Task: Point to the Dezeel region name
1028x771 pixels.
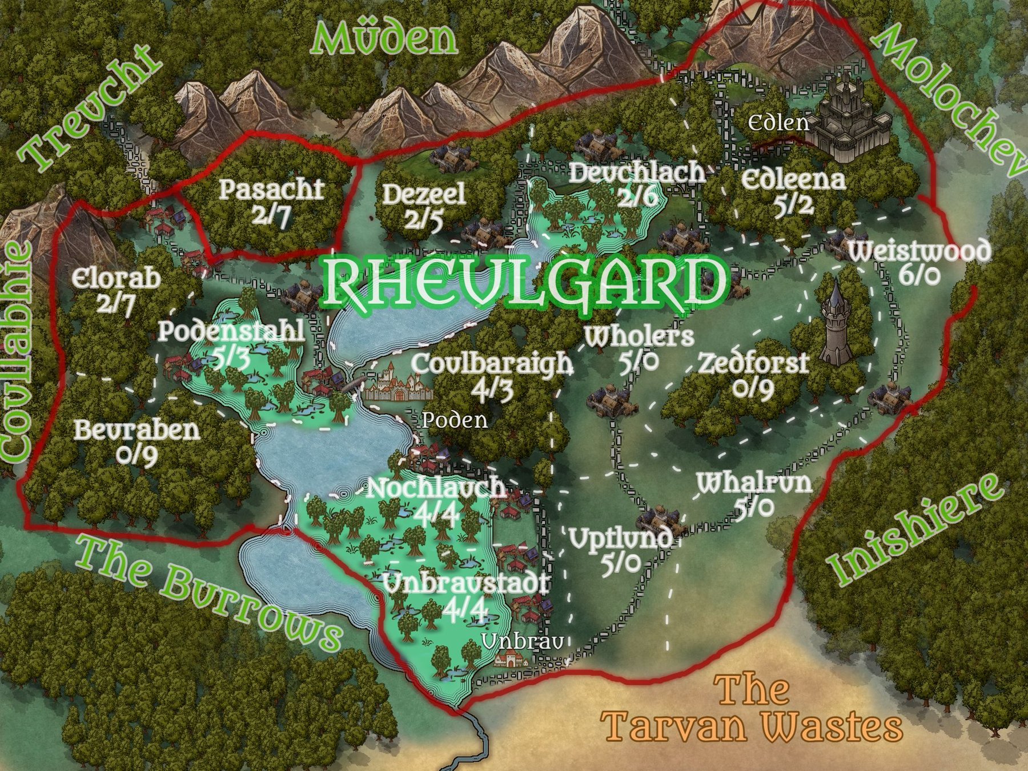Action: coord(423,195)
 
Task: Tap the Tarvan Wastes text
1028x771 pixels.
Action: coord(754,714)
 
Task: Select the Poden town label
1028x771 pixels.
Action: coord(455,420)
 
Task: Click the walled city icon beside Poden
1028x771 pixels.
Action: coord(398,383)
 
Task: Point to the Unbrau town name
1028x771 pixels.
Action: coord(523,642)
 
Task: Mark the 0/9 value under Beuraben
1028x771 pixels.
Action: coord(137,455)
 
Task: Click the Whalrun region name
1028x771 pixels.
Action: coord(754,484)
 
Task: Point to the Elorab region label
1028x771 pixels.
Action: coord(117,279)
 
